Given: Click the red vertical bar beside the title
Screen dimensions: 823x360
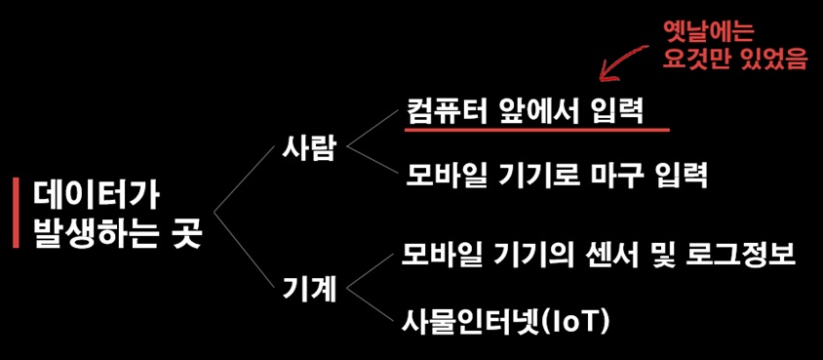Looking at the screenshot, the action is pos(16,213).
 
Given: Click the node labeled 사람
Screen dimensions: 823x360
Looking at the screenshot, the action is pos(310,148).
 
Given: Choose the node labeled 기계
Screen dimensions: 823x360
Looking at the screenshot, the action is pos(310,290).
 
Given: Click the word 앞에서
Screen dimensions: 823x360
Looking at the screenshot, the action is pos(538,111).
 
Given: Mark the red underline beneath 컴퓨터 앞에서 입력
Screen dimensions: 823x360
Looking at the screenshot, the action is pos(537,129).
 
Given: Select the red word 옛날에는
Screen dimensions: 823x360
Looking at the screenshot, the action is pos(708,33).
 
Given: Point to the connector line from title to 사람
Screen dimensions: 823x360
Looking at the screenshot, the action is pos(244,180).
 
